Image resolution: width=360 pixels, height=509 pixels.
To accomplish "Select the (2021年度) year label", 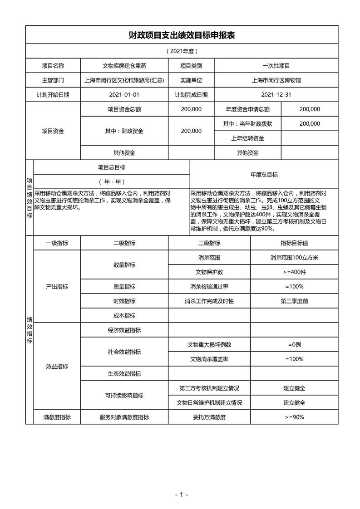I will (x=182, y=51).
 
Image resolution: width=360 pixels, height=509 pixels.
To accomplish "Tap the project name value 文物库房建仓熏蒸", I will (x=124, y=66).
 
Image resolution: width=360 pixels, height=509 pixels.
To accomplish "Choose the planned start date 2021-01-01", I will (x=124, y=95).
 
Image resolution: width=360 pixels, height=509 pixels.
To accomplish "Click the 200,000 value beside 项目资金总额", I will (x=191, y=109).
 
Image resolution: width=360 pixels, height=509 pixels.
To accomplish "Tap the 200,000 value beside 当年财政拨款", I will (x=310, y=123).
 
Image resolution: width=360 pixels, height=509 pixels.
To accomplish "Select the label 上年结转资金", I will (x=248, y=138).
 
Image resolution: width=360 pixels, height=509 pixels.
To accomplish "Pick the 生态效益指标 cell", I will (x=124, y=373).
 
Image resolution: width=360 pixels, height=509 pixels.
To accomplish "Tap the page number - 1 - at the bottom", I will (x=182, y=494).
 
